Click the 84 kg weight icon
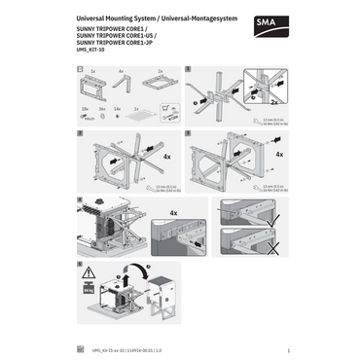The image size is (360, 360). click(90, 292)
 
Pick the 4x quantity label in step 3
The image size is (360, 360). click(279, 154)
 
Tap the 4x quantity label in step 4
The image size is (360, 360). click(173, 210)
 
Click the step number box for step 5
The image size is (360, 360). click(79, 264)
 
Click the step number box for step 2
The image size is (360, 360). click(79, 133)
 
